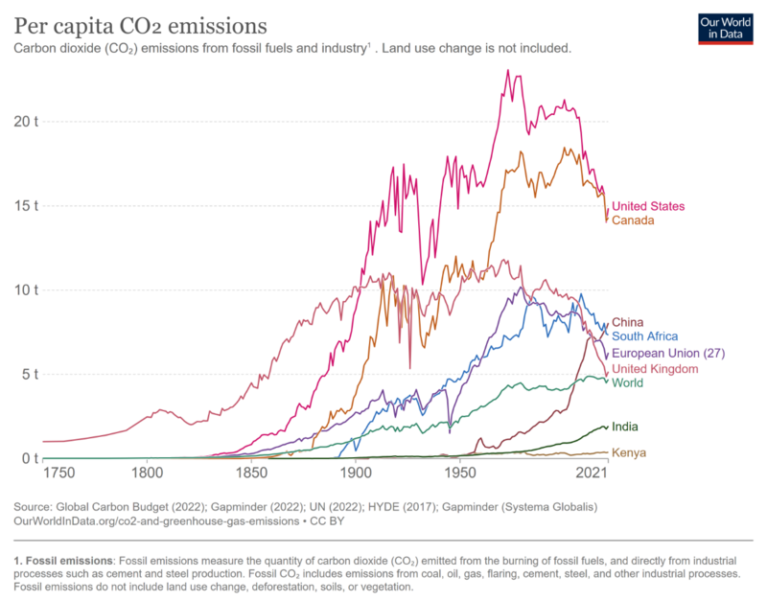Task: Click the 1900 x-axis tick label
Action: point(356,474)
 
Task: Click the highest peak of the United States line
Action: point(507,70)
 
